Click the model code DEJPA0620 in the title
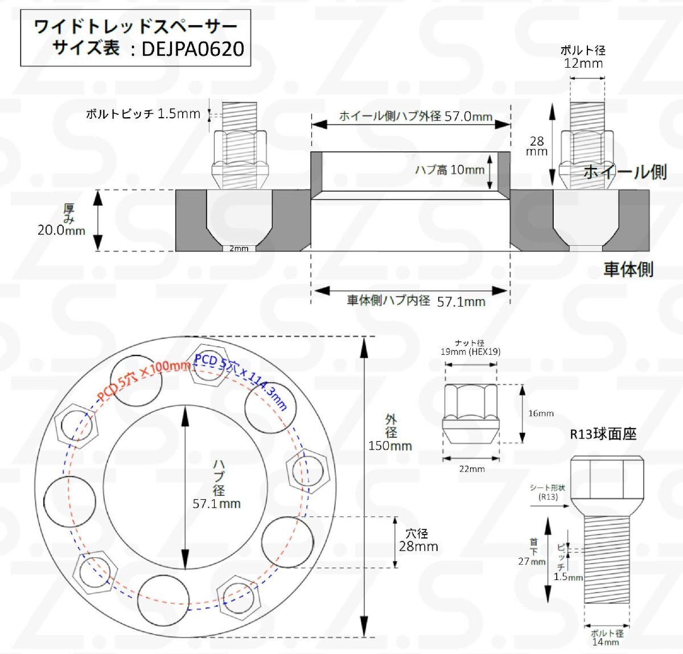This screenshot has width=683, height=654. click(x=192, y=49)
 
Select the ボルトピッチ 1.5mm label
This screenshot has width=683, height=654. click(x=143, y=114)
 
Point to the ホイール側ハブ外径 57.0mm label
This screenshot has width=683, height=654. click(x=415, y=116)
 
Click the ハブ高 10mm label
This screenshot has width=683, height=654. click(x=449, y=170)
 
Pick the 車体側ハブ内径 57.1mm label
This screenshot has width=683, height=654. click(x=416, y=301)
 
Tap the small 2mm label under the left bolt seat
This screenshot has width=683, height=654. click(x=239, y=249)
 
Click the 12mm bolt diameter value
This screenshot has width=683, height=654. click(x=583, y=63)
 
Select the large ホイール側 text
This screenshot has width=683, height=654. click(x=624, y=172)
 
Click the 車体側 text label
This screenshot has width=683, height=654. click(x=628, y=269)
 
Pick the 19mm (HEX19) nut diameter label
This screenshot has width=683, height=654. click(x=470, y=351)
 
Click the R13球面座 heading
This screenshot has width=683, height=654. click(x=603, y=434)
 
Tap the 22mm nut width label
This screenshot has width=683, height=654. click(x=472, y=469)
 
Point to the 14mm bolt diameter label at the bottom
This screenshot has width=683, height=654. click(x=606, y=642)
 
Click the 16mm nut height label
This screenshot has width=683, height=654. click(x=541, y=413)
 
